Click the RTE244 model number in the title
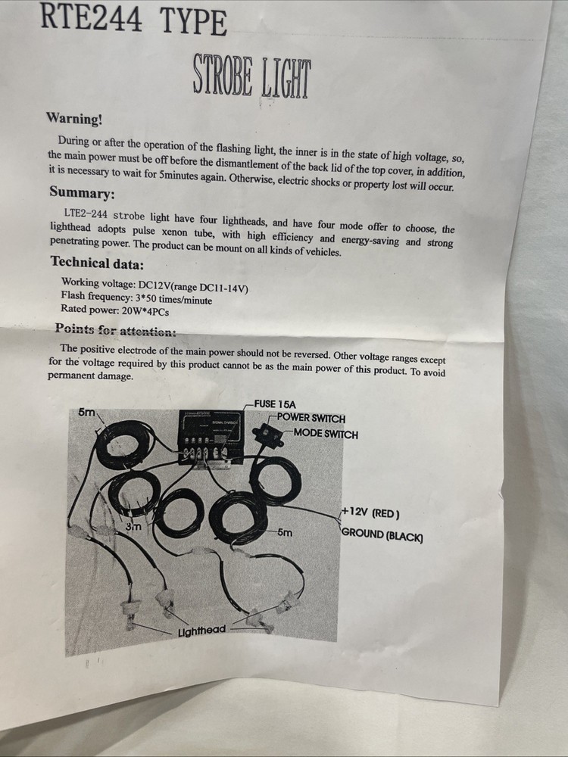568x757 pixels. [x=91, y=17]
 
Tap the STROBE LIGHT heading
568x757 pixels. [x=251, y=76]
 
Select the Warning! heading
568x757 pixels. [x=74, y=118]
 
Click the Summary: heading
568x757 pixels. [x=82, y=192]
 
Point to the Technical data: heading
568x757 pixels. [x=97, y=263]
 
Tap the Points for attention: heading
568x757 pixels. [x=115, y=330]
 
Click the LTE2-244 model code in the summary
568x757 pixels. [x=86, y=213]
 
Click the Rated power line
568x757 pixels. [x=115, y=310]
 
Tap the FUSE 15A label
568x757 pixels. [x=275, y=404]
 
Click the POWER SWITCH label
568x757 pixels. [x=311, y=418]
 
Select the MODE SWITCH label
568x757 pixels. [x=326, y=434]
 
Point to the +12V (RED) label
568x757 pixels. [x=371, y=512]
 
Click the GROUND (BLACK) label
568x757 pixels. [x=382, y=535]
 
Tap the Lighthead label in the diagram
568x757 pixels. [x=202, y=631]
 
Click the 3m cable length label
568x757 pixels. [x=133, y=526]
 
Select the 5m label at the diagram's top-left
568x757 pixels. [x=87, y=413]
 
